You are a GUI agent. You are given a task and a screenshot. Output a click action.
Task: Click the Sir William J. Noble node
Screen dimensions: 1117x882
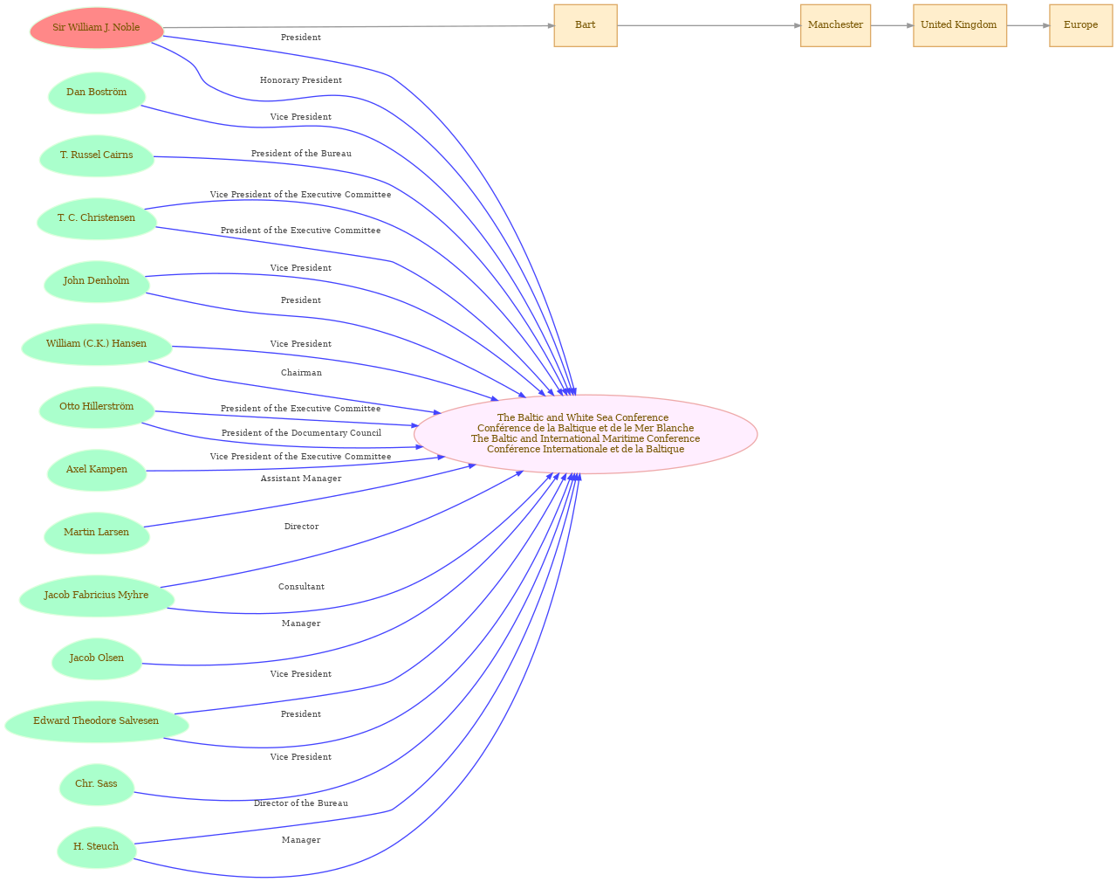tap(97, 28)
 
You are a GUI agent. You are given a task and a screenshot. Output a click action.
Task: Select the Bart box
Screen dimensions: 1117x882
tap(585, 25)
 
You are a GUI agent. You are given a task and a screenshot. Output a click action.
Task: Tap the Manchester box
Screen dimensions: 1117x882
tap(834, 25)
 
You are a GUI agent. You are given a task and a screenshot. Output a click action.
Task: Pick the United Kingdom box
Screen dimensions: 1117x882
tap(959, 25)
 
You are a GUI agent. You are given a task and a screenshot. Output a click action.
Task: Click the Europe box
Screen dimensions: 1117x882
tap(1080, 25)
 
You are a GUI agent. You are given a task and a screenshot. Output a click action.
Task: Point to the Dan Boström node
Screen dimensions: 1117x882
tap(97, 93)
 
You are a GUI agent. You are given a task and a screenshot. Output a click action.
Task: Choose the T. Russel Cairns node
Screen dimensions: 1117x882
tap(97, 155)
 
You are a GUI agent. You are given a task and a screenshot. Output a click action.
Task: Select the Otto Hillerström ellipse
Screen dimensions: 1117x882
tap(97, 407)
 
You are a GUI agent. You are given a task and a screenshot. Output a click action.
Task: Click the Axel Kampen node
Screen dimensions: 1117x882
tap(97, 470)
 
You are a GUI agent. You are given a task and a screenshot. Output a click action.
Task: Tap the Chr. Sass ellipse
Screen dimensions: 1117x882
tap(97, 784)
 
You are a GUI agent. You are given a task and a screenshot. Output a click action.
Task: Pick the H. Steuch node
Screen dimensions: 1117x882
tap(97, 847)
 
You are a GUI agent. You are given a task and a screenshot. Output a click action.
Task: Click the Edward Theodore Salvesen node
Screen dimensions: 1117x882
tap(97, 721)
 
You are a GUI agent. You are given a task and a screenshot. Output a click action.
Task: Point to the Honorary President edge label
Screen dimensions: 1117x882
tap(300, 80)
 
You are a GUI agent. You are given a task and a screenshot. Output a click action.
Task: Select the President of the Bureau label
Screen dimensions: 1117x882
tap(301, 153)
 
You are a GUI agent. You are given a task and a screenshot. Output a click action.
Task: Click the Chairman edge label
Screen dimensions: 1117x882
tap(301, 372)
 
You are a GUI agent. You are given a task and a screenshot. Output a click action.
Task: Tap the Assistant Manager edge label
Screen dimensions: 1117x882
tap(300, 478)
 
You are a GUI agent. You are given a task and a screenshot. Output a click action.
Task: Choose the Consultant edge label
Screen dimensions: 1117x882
tap(301, 587)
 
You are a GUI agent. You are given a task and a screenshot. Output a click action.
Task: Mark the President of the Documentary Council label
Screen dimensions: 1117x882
tap(301, 432)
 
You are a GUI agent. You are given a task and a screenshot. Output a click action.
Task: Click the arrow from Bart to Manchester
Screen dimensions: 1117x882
tap(709, 25)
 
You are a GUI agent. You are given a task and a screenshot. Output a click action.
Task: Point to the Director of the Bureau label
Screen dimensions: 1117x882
tap(300, 803)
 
